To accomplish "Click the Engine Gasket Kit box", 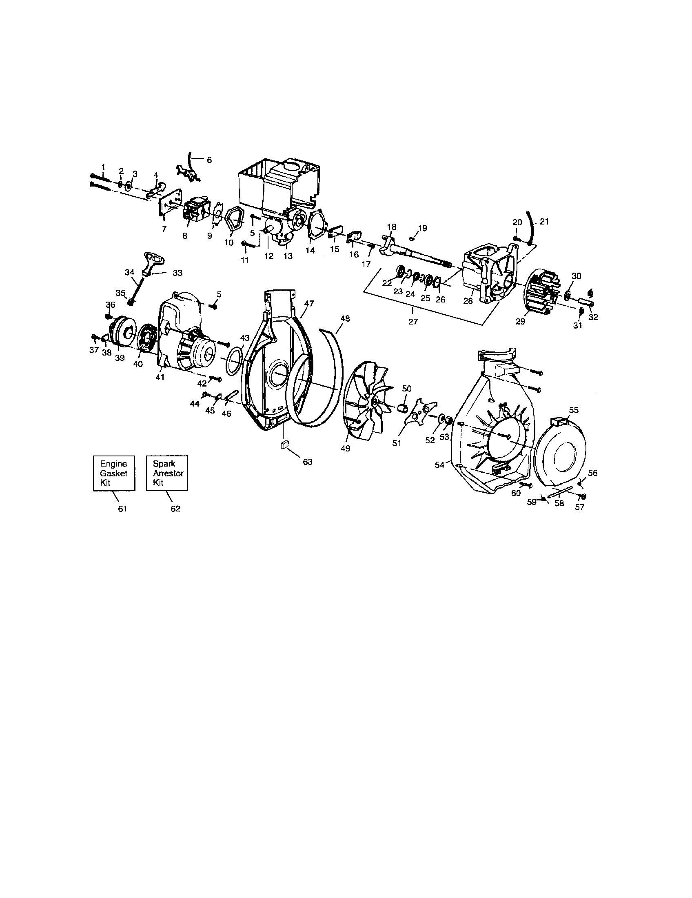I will [114, 473].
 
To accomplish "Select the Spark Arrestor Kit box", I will [167, 473].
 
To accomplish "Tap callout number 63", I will [307, 462].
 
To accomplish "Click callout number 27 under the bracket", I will [413, 322].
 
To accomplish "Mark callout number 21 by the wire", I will [544, 222].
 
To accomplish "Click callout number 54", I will [439, 465].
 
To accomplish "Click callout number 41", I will [160, 377].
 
